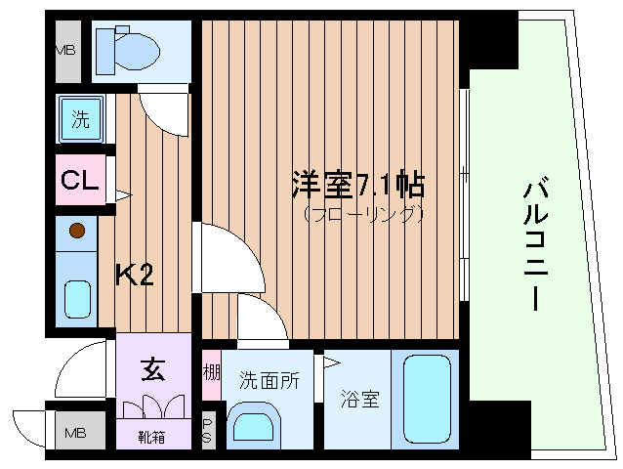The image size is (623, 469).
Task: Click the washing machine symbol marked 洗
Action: (80, 120)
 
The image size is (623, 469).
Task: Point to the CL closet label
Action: (78, 181)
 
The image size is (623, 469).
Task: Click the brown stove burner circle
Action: (78, 233)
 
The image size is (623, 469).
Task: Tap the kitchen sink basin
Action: (77, 299)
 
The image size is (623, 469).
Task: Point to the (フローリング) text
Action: (362, 212)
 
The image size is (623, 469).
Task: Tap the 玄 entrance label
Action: (153, 369)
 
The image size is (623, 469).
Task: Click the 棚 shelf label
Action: (210, 373)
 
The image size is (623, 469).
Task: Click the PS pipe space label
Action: (208, 432)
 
